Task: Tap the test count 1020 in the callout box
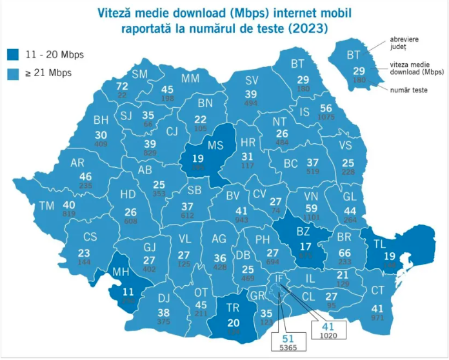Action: pyautogui.click(x=328, y=335)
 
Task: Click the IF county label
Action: pyautogui.click(x=279, y=279)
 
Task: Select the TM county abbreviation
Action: pyautogui.click(x=46, y=206)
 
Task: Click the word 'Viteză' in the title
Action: pyautogui.click(x=116, y=12)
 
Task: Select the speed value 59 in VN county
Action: pyautogui.click(x=312, y=208)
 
